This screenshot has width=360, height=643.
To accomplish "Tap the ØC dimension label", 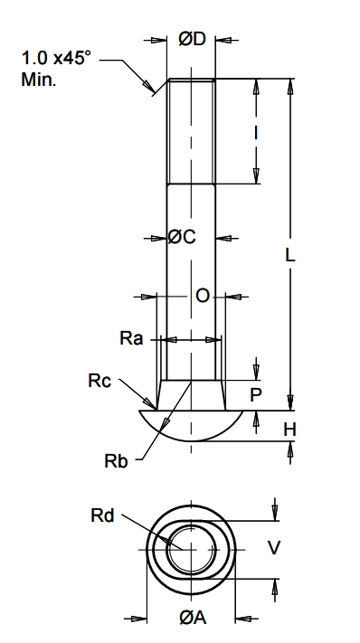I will pos(182,237).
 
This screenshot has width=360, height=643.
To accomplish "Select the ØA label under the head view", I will pos(191,618).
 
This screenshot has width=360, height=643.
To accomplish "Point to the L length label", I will pos(289,255).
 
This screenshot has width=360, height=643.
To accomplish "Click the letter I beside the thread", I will pos(257,133).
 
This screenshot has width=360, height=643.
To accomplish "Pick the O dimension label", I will pos(203,296).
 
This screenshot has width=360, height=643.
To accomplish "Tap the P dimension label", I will pos(256,394).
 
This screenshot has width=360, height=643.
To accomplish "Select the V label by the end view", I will pos(276,547).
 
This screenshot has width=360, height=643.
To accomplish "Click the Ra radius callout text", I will pos(131,339).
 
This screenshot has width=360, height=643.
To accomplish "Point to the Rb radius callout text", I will pos(117,460).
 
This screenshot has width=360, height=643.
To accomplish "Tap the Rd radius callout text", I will pos(102,516).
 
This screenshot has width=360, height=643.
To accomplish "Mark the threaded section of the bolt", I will pos(191,131).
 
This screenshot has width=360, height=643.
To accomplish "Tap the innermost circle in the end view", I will pos(190,548).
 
